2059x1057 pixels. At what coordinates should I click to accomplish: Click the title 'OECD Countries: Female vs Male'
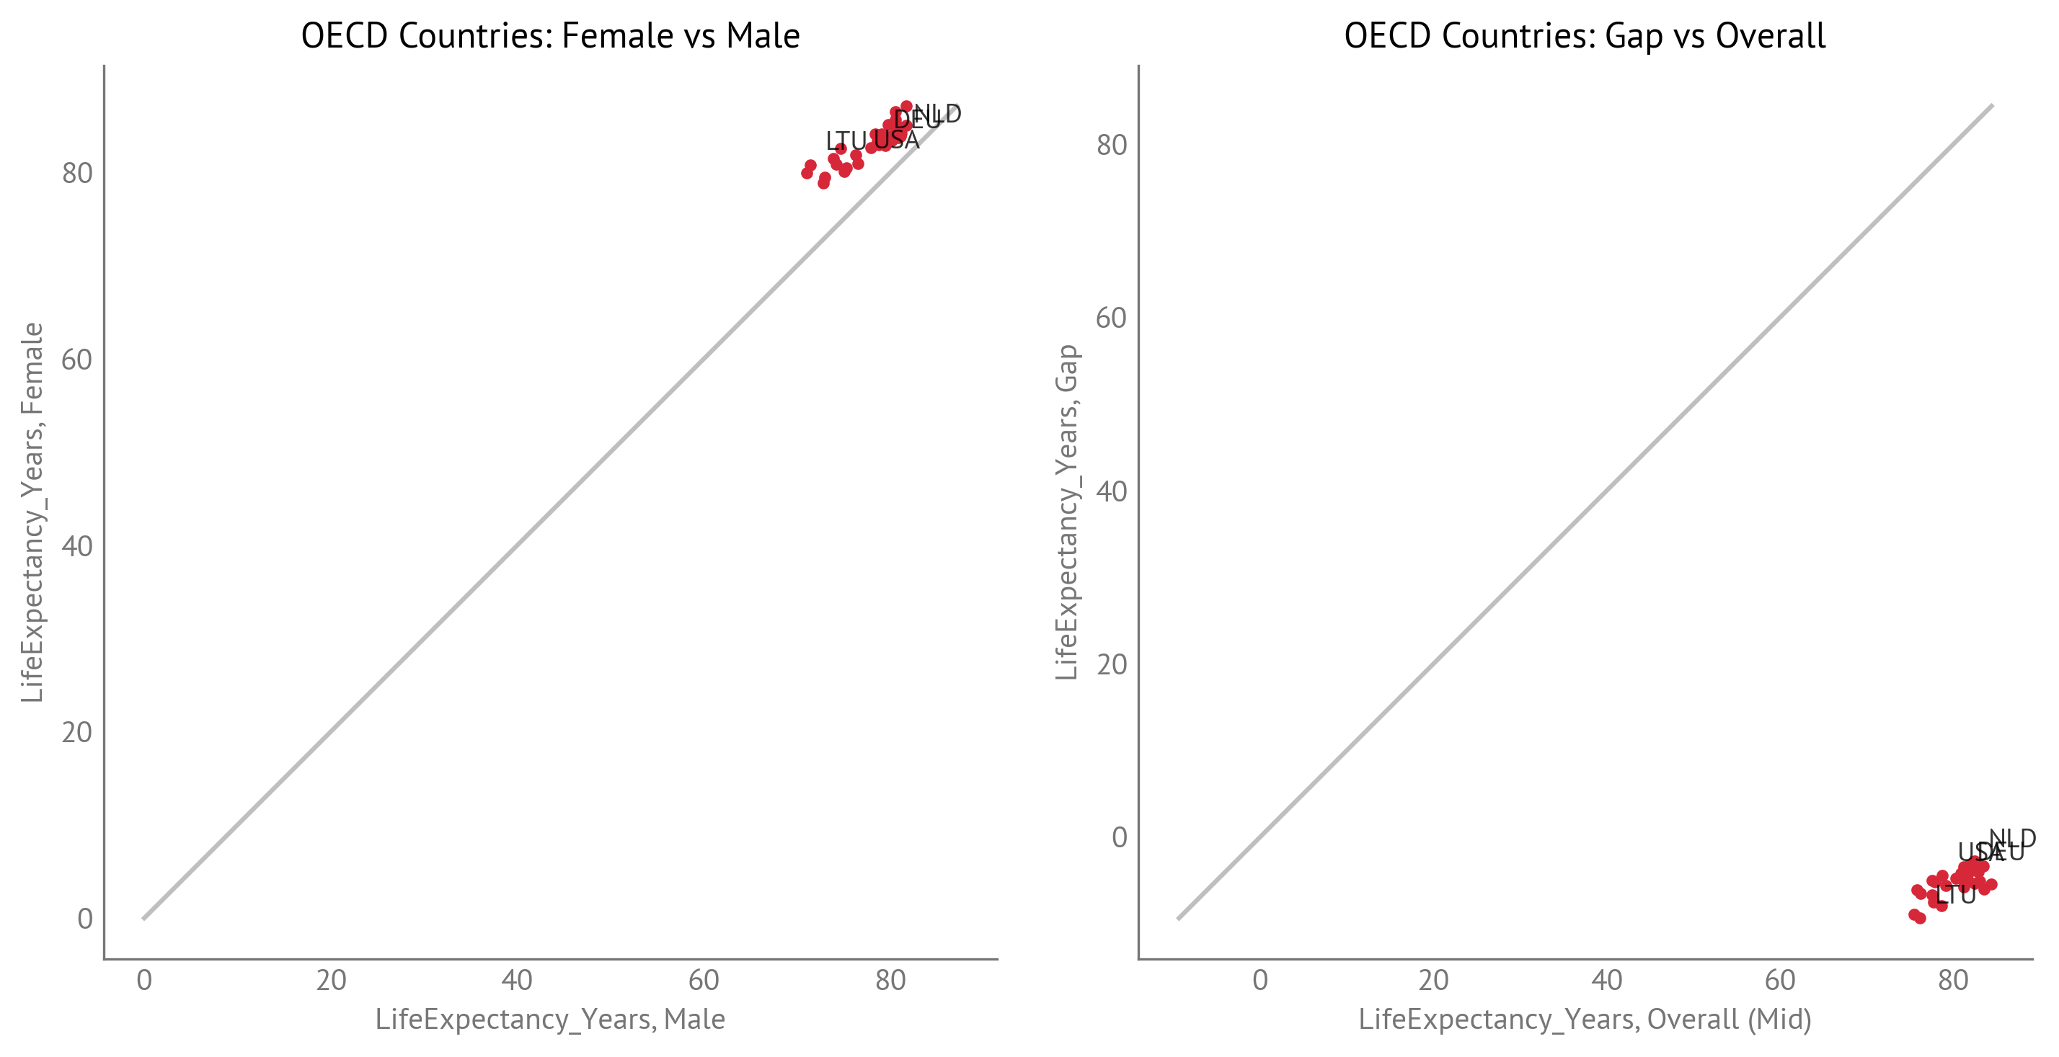[x=550, y=36]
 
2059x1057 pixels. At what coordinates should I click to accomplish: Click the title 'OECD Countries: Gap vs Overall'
[x=1584, y=36]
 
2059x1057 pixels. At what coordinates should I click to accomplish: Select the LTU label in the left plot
[x=846, y=141]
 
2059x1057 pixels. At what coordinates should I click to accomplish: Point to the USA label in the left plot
[x=897, y=140]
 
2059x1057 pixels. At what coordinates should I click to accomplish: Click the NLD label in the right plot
[x=2012, y=838]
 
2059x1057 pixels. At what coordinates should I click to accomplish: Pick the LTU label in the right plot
[x=1955, y=895]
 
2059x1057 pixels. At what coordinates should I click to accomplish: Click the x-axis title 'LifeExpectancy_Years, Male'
[x=550, y=1019]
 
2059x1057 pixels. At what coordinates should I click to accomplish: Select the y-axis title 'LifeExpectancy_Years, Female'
[x=32, y=512]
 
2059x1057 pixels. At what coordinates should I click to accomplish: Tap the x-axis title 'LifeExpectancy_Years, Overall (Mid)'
[x=1584, y=1019]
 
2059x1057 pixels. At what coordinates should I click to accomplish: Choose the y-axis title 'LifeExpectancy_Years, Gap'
[x=1067, y=512]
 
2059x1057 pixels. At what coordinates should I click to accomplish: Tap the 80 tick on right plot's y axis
[x=1111, y=145]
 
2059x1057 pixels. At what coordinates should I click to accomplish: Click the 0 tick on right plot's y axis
[x=1119, y=837]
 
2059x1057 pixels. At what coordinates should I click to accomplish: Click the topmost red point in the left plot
[x=906, y=106]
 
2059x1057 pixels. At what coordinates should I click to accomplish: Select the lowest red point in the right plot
[x=1920, y=919]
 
